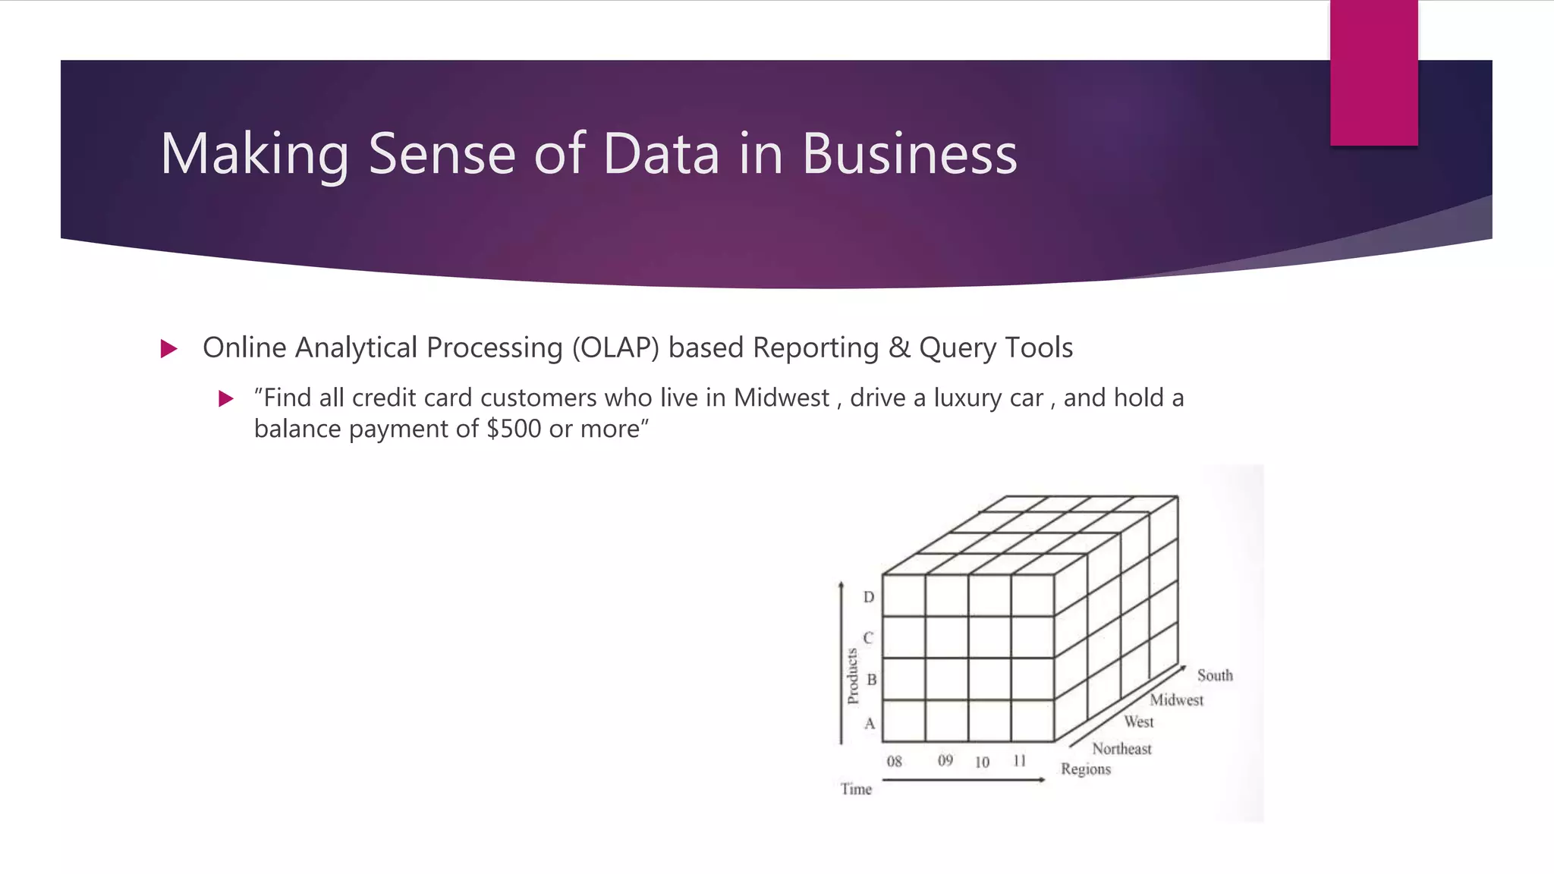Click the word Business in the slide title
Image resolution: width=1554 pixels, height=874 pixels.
(x=909, y=154)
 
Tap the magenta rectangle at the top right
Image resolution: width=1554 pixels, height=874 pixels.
(x=1373, y=73)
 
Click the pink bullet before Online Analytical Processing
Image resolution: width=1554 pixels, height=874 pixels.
(x=169, y=349)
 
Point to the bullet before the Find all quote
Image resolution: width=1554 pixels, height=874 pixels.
(x=226, y=398)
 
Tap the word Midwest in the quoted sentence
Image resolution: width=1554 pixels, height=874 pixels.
(x=782, y=398)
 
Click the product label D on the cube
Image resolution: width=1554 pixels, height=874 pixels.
(x=869, y=597)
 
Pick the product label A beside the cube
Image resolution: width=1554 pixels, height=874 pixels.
(x=870, y=724)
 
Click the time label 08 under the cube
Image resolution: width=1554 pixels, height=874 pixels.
(x=895, y=761)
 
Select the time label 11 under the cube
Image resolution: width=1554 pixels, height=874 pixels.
(x=1019, y=760)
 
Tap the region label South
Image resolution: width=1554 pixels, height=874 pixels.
(x=1215, y=675)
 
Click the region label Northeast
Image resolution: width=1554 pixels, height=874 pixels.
(x=1121, y=749)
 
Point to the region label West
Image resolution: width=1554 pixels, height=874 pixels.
(x=1139, y=722)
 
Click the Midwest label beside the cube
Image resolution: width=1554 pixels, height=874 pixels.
(x=1176, y=700)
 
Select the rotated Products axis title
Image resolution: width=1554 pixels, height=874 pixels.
(x=852, y=676)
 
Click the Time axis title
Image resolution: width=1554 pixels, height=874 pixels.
(x=856, y=789)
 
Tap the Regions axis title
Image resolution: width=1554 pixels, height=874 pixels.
(x=1085, y=769)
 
